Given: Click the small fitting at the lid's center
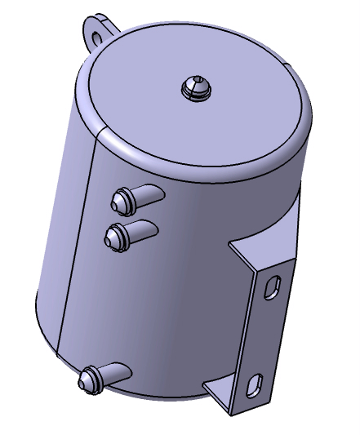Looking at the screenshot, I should point(196,87).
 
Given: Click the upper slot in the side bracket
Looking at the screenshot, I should point(273,286).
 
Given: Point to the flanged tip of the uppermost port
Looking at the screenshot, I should point(121,198).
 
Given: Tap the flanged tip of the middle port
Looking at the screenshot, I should point(115,236).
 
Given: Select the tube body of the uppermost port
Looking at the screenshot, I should point(149,193).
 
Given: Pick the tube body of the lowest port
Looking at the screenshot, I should point(115,373).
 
